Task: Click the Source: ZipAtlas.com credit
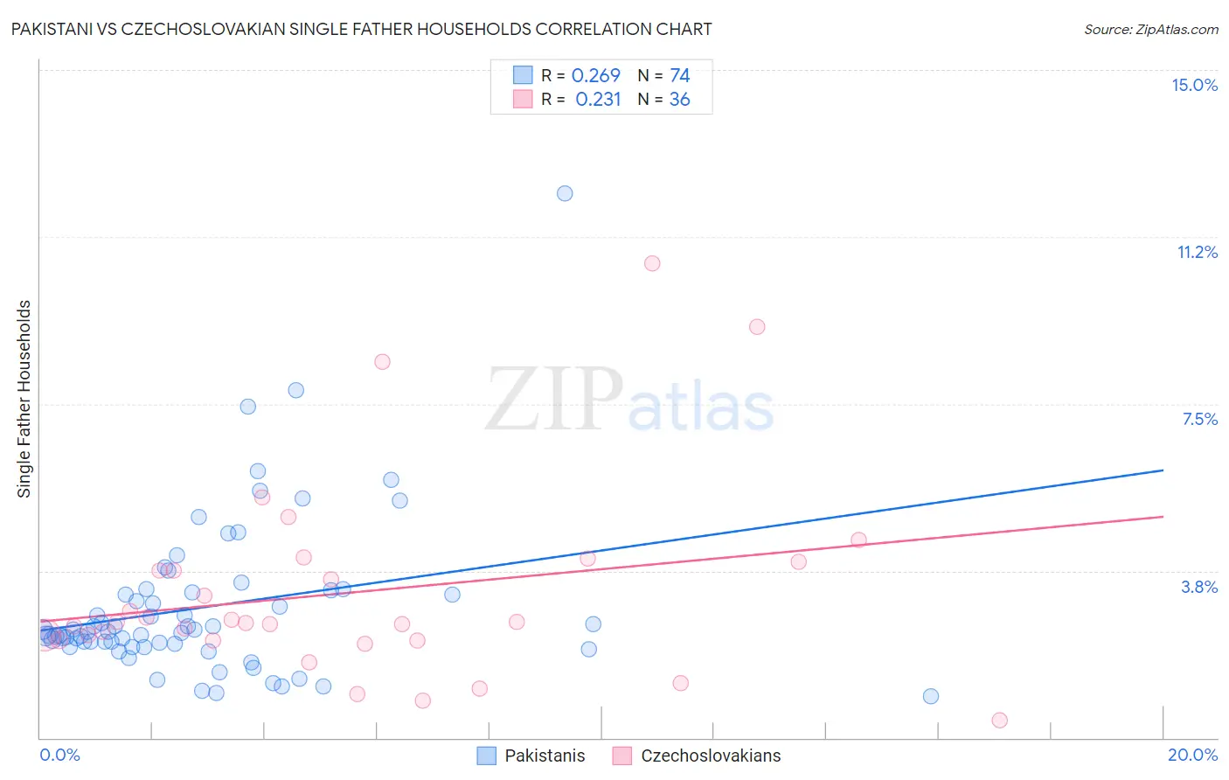tap(1150, 29)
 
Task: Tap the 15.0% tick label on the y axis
tap(1194, 85)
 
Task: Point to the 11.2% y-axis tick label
tap(1197, 252)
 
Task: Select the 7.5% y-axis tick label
tap(1199, 419)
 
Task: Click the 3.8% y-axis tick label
tap(1199, 587)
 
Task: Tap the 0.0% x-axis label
tap(59, 755)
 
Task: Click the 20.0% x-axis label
tap(1192, 755)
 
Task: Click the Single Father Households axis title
tap(24, 399)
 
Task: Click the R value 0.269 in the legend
tap(595, 76)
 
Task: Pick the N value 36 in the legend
tap(679, 100)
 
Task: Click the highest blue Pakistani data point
tap(565, 193)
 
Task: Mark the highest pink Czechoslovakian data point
tap(651, 263)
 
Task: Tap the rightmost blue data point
tap(931, 696)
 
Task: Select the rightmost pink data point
tap(999, 720)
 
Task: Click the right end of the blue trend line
tap(1163, 470)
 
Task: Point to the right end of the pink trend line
tap(1163, 517)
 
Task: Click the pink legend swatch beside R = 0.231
tap(523, 100)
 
